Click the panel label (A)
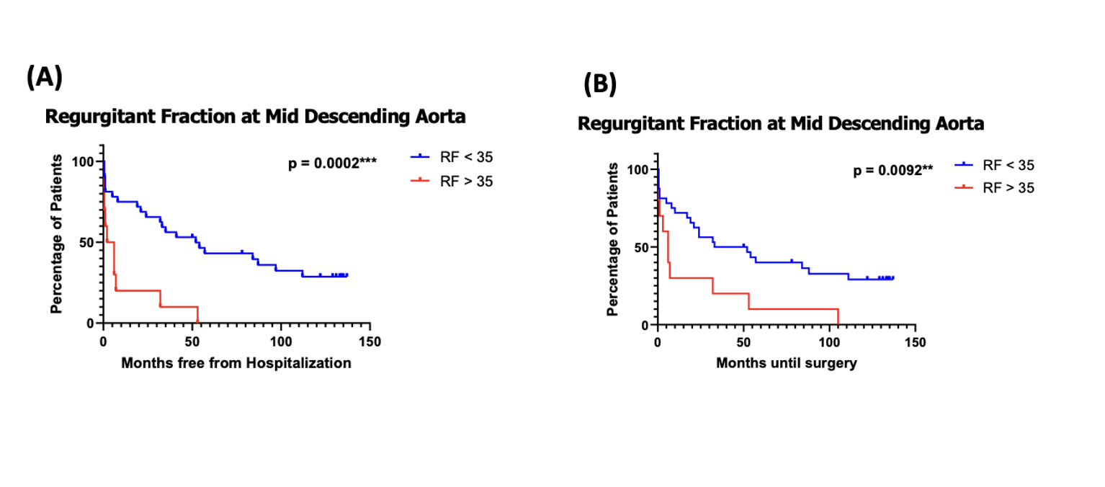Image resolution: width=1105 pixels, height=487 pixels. tap(45, 76)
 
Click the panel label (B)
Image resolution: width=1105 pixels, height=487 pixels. tap(600, 85)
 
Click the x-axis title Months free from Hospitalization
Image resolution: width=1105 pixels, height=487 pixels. tap(236, 363)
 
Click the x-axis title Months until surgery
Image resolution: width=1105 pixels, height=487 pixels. tap(787, 363)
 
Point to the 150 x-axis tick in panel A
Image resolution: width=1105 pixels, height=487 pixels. tap(370, 341)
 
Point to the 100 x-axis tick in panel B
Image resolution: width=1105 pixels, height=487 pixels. tap(829, 341)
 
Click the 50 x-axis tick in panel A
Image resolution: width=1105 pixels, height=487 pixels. tap(192, 341)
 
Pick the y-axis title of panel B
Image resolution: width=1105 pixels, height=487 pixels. tap(613, 239)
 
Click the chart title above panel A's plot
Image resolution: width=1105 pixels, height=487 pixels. tap(255, 116)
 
